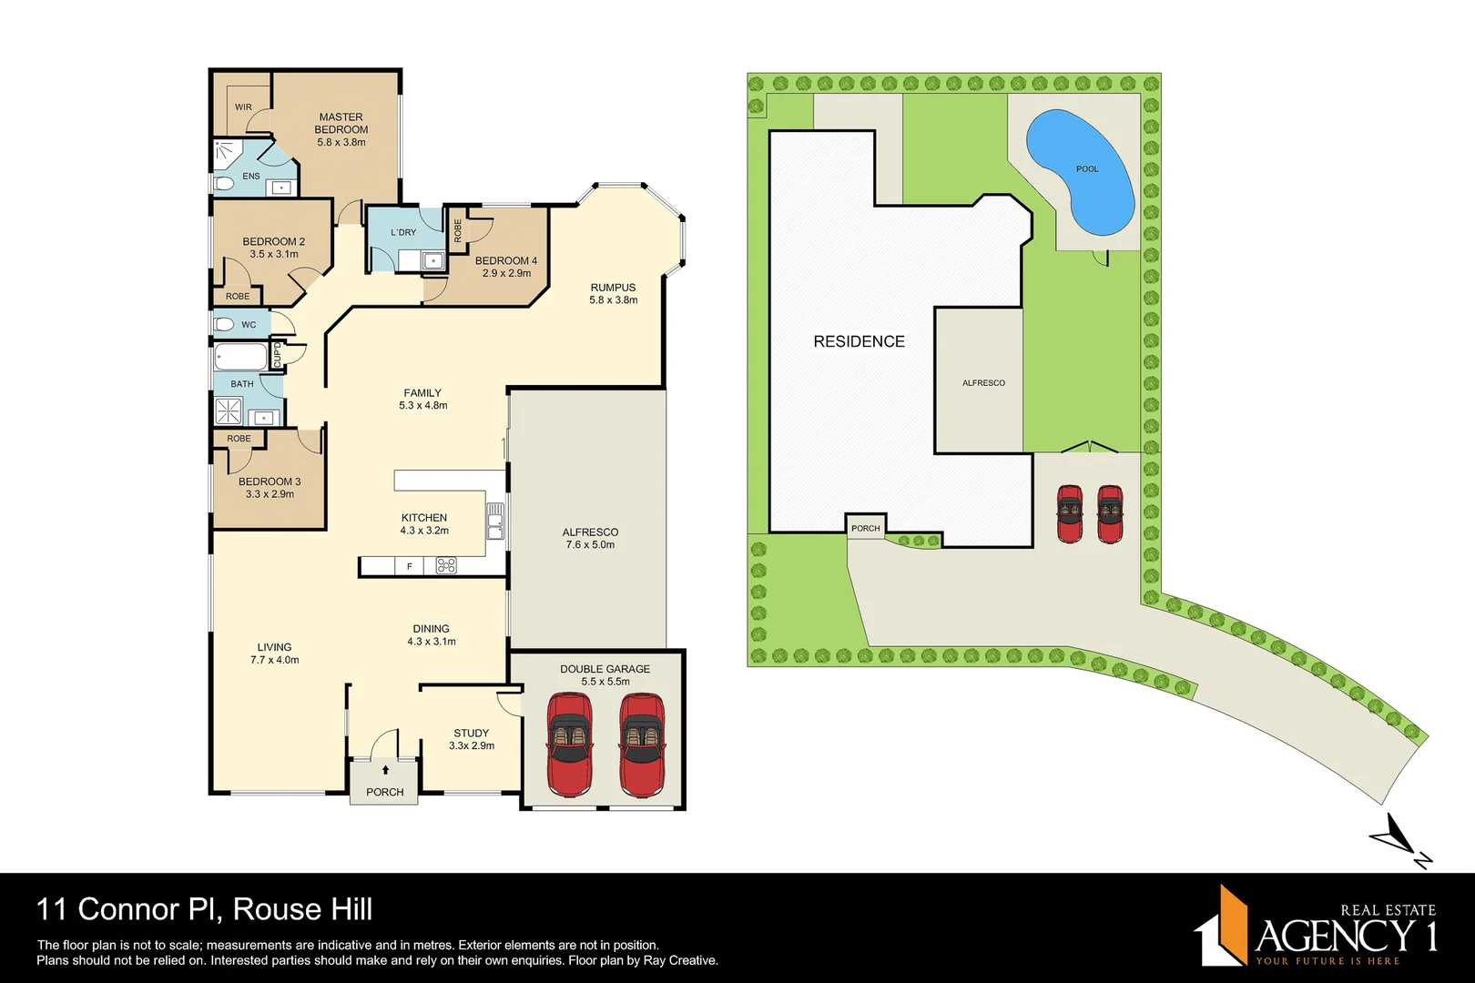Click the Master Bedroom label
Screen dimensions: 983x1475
coord(341,124)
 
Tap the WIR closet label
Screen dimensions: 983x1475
coord(243,107)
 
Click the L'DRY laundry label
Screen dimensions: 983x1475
coord(403,233)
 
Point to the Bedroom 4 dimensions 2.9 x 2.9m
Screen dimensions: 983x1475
coord(506,273)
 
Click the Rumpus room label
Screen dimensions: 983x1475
coord(613,288)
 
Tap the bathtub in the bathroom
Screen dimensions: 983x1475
coord(241,357)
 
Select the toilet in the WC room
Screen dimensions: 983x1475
coord(224,324)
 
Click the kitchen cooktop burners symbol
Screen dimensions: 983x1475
coord(446,566)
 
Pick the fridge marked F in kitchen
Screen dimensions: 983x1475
coord(410,566)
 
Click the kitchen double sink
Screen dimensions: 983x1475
coord(495,521)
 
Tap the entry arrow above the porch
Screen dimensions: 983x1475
coord(385,770)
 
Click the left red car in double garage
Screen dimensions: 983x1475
coord(569,743)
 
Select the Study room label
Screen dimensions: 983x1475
coord(472,734)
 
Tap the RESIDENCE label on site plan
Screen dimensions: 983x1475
coord(859,341)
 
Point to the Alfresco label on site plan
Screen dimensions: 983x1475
coord(983,383)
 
